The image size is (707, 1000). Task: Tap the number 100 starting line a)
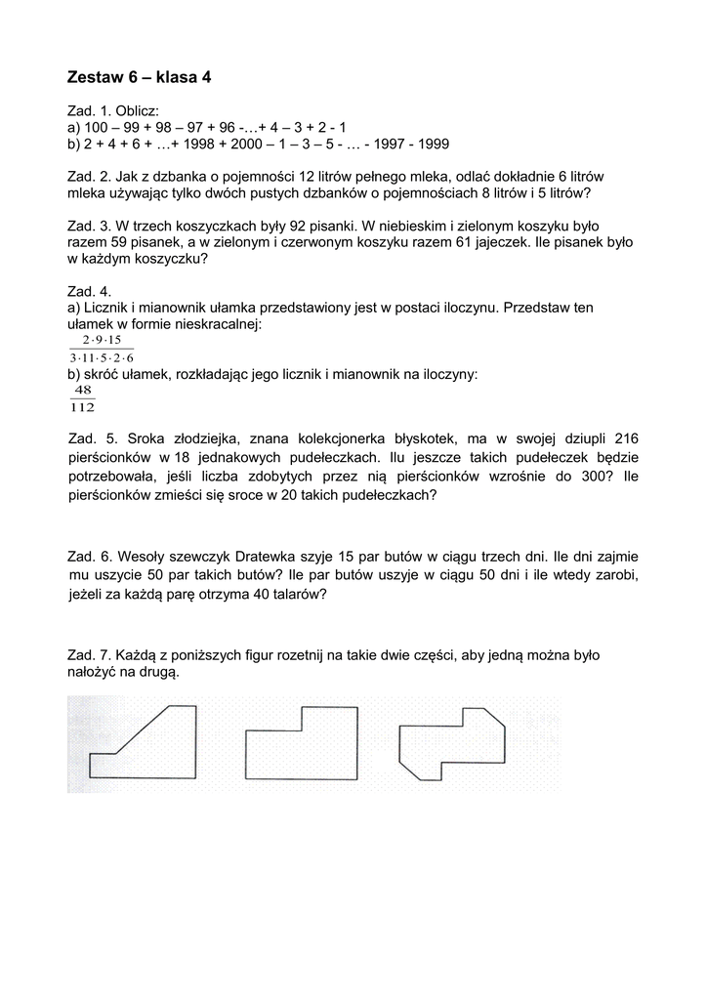[x=97, y=128]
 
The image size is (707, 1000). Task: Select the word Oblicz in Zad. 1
[x=136, y=111]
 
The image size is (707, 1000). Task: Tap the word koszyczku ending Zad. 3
[x=172, y=259]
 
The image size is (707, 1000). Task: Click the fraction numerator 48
[x=83, y=390]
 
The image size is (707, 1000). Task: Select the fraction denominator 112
[x=83, y=407]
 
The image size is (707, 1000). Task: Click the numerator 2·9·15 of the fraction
[x=101, y=340]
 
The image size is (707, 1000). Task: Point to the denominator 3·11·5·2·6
[x=102, y=357]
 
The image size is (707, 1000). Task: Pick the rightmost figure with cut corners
[x=451, y=742]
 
